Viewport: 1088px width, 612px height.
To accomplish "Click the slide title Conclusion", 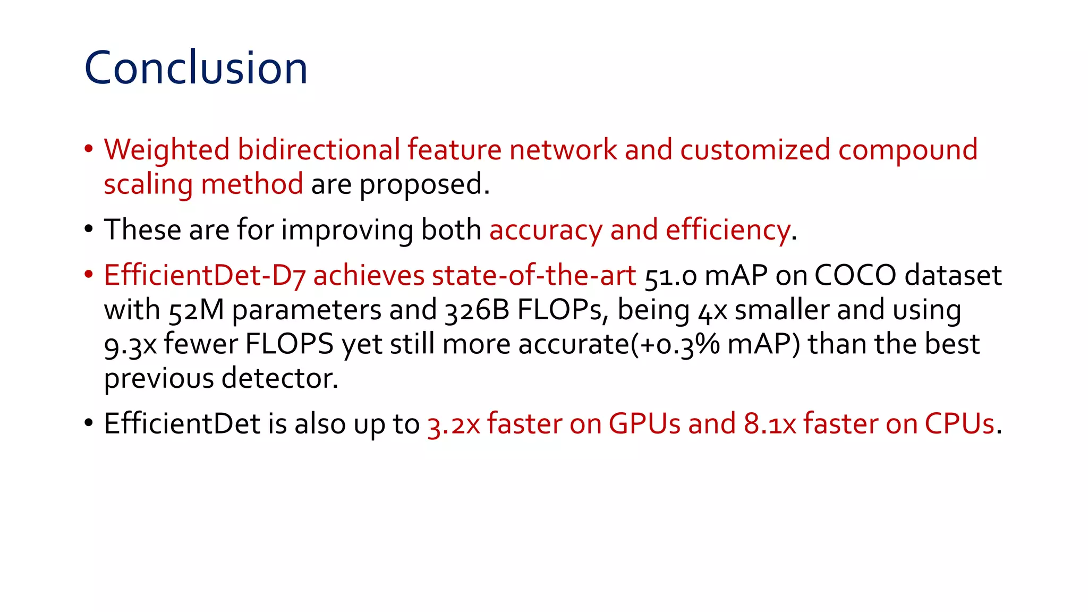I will tap(195, 68).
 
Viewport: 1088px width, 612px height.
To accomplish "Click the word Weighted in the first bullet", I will tap(166, 150).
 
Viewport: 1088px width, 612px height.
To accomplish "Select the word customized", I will tap(755, 150).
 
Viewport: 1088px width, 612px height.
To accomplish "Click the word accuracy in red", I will tap(546, 231).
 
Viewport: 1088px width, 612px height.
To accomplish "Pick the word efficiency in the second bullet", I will tap(728, 231).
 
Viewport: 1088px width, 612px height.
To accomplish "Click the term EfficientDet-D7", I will tap(205, 276).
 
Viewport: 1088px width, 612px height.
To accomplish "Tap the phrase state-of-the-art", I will tap(534, 276).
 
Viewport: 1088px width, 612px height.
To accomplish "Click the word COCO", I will tap(855, 276).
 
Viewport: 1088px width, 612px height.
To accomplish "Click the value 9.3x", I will tap(130, 345).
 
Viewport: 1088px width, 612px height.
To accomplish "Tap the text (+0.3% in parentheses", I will tap(675, 344).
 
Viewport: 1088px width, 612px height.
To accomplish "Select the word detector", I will tap(279, 379).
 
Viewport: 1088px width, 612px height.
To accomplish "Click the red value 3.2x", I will tap(454, 424).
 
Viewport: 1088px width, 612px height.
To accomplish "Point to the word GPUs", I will tap(644, 424).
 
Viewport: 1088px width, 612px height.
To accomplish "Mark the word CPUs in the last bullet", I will tap(959, 424).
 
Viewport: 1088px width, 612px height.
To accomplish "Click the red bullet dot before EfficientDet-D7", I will tap(89, 275).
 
